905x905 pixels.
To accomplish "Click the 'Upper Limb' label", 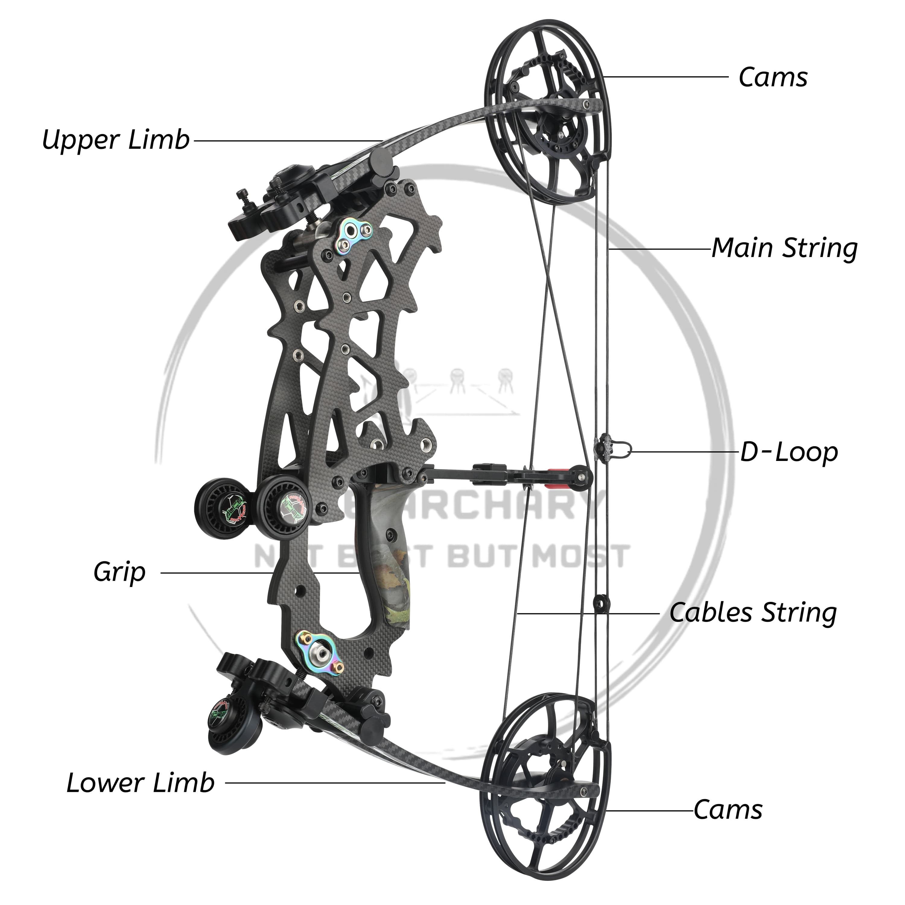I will (x=116, y=140).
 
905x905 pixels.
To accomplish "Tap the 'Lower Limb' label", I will (x=141, y=783).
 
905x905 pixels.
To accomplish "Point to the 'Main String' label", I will (x=784, y=248).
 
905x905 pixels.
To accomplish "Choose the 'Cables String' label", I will (x=752, y=613).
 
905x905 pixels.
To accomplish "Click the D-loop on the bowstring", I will (x=623, y=450).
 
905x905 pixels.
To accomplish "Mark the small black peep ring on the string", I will (x=601, y=603).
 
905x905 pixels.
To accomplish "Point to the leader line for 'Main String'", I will (x=660, y=249).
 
